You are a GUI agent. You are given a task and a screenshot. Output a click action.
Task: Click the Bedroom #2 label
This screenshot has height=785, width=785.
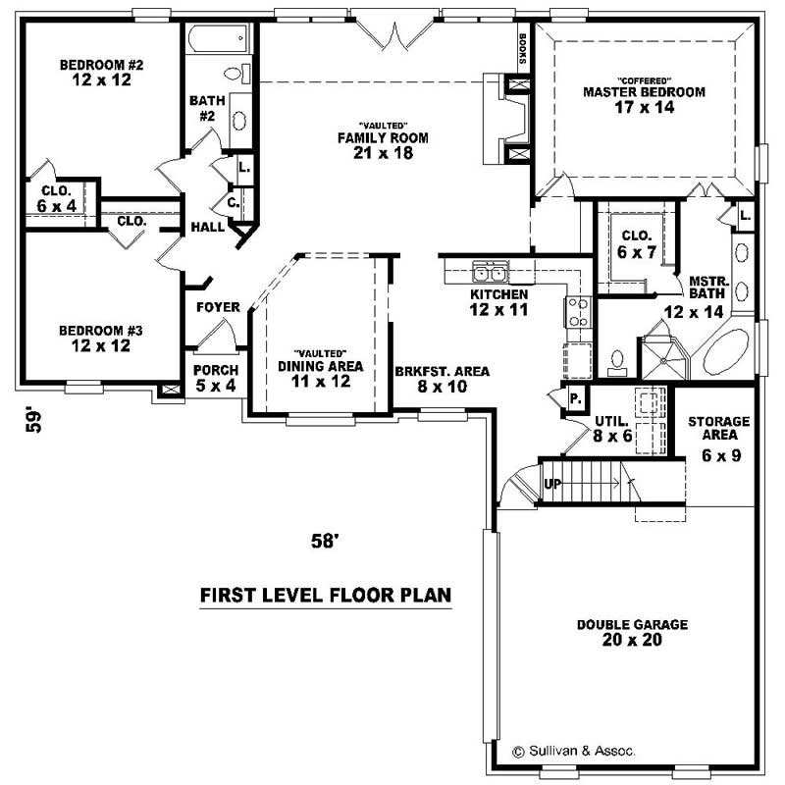point(101,73)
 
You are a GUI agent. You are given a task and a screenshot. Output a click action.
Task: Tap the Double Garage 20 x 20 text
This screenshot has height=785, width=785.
point(631,632)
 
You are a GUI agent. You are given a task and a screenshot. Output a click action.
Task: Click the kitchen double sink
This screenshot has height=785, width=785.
point(489,272)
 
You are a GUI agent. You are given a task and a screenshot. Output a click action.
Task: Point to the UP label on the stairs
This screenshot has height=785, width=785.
point(552,485)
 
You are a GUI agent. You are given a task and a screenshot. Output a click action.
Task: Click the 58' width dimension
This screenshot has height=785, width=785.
point(326,541)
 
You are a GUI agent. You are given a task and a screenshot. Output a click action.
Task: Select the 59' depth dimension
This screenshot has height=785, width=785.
point(37,420)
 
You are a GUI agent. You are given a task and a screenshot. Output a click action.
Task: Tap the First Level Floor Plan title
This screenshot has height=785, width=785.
point(325,595)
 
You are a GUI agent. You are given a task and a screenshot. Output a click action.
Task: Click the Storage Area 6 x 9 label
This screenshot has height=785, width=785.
point(718,438)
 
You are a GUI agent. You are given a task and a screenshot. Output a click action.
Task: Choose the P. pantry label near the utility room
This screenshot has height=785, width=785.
point(576,399)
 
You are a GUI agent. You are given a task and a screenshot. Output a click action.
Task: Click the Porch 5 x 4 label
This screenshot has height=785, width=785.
point(216,377)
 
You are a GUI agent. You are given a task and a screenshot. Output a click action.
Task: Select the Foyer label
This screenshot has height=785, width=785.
point(218,307)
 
